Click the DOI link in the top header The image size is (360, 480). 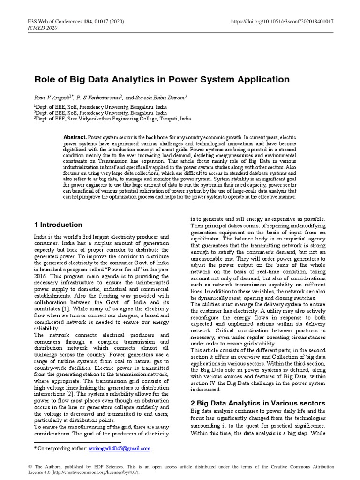click(281, 22)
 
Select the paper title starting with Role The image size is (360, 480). click(162, 80)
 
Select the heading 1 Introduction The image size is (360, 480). click(59, 225)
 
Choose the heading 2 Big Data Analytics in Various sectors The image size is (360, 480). click(257, 403)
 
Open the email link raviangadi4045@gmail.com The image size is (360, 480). click(119, 448)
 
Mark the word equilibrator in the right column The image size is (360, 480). click(208, 239)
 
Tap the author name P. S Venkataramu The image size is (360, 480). click(103, 97)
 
